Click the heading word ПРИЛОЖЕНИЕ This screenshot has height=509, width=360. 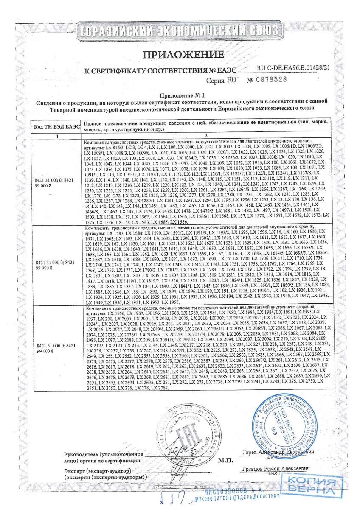(x=183, y=54)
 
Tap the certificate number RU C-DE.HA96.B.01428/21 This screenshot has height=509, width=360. (x=293, y=67)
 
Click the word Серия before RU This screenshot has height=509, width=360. (x=215, y=80)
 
